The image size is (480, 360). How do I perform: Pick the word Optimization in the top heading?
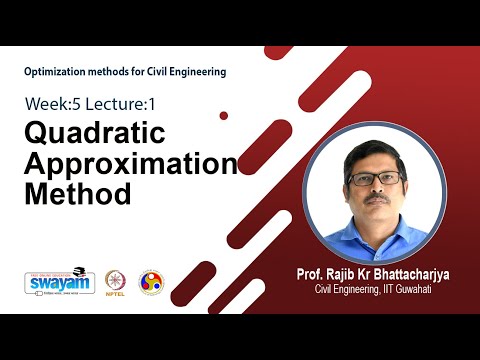[58, 71]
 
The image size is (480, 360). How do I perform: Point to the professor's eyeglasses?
[376, 178]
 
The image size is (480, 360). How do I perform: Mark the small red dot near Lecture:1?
[223, 116]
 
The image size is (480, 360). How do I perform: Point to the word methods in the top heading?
[115, 71]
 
